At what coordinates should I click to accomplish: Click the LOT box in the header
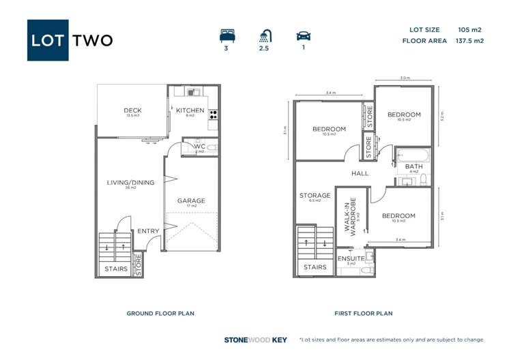pyautogui.click(x=48, y=40)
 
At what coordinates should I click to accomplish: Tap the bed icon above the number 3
pyautogui.click(x=226, y=35)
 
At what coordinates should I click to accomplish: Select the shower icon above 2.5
pyautogui.click(x=265, y=35)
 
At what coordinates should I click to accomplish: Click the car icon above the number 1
pyautogui.click(x=303, y=35)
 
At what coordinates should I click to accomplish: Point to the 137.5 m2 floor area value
pyautogui.click(x=469, y=41)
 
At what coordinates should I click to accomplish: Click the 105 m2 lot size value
pyautogui.click(x=469, y=30)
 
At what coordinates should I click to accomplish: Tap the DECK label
pyautogui.click(x=132, y=110)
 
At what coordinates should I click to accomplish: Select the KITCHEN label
pyautogui.click(x=190, y=110)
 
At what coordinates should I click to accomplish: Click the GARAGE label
pyautogui.click(x=191, y=200)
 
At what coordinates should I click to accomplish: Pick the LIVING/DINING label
pyautogui.click(x=130, y=182)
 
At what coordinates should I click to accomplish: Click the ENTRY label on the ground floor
pyautogui.click(x=148, y=231)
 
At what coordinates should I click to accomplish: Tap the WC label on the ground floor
pyautogui.click(x=199, y=146)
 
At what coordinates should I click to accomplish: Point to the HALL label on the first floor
pyautogui.click(x=360, y=173)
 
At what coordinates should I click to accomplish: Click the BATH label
pyautogui.click(x=413, y=166)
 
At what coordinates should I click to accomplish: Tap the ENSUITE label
pyautogui.click(x=351, y=258)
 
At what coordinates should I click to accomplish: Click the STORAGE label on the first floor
pyautogui.click(x=315, y=196)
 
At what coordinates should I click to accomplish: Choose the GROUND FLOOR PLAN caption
pyautogui.click(x=160, y=314)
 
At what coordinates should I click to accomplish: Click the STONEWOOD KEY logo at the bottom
pyautogui.click(x=256, y=340)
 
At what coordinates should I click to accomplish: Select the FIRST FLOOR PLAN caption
pyautogui.click(x=363, y=314)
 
